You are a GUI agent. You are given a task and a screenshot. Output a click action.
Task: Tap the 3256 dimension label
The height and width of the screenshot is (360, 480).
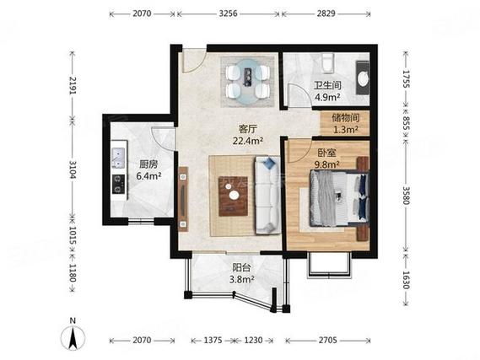[x=228, y=13]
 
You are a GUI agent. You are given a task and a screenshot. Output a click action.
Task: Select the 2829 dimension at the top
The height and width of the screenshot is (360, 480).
[x=326, y=13]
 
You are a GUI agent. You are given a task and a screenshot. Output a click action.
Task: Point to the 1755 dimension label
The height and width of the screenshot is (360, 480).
[x=406, y=79]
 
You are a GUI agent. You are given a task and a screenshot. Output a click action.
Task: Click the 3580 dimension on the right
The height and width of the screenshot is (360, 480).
[x=406, y=196]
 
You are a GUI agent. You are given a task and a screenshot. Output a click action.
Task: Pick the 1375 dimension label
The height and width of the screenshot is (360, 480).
[x=213, y=340]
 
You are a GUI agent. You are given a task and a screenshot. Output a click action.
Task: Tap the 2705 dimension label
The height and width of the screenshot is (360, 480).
[x=327, y=340]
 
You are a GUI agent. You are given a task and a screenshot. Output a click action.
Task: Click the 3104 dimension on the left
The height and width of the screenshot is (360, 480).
[x=73, y=169]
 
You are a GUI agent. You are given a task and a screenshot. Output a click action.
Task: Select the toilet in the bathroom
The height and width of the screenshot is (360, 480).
[x=326, y=63]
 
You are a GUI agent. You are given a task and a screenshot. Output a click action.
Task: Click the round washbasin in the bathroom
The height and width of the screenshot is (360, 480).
[x=364, y=78]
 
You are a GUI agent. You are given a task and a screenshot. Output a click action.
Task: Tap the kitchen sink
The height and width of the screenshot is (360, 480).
[x=118, y=158]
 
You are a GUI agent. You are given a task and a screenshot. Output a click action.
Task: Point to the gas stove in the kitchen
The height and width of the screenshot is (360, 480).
[x=118, y=184]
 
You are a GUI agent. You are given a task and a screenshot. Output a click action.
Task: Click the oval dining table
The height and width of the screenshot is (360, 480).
[x=248, y=82]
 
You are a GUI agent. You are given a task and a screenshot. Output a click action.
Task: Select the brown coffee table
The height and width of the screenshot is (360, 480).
[x=233, y=196]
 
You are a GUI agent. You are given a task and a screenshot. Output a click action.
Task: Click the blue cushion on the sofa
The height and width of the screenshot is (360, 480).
[x=269, y=164]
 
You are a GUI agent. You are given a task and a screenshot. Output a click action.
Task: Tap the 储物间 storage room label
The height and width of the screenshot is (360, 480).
[x=346, y=118]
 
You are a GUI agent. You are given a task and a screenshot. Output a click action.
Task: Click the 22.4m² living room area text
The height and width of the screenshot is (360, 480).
[x=248, y=141]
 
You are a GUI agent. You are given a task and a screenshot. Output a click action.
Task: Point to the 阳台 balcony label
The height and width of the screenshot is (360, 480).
[x=241, y=268]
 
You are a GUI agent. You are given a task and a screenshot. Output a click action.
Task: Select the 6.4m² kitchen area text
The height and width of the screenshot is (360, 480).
[x=149, y=176]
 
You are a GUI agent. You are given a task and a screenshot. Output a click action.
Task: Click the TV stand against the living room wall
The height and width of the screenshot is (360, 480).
[x=183, y=199]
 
